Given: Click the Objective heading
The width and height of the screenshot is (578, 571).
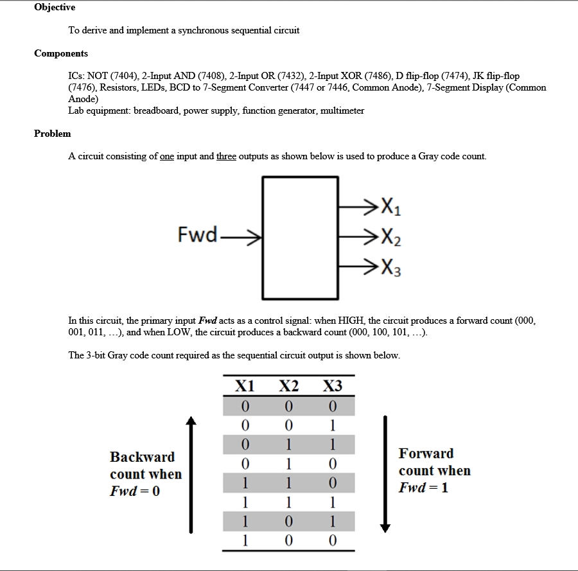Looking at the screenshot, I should pos(55,7).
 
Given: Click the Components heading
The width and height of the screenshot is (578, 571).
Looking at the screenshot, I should pos(61,53).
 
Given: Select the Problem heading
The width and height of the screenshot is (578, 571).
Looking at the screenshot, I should pos(53,134).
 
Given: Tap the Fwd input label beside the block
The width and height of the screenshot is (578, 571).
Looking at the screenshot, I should pos(197,235).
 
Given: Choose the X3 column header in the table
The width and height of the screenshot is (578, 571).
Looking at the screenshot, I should pos(332,386).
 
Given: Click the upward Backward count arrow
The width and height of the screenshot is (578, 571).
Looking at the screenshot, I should pos(190,475).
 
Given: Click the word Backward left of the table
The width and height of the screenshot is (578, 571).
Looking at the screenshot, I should pos(142,457).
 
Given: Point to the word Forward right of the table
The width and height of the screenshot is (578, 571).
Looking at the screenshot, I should pos(426,453).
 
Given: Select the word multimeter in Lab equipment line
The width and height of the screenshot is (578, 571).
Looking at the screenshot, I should pos(342,110).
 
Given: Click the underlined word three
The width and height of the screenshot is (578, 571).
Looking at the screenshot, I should pos(226,156).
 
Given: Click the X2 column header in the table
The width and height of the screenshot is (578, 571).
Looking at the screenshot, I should pos(288,386).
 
